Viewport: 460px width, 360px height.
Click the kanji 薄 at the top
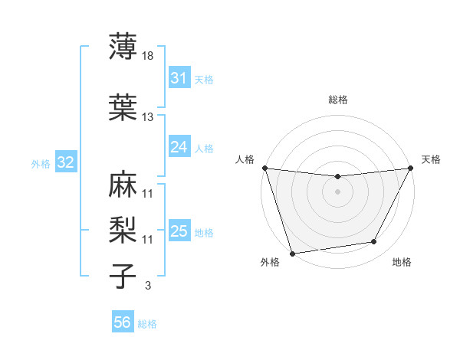tap(123, 47)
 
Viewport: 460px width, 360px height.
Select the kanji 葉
tap(123, 107)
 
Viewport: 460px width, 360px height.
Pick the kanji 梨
tap(123, 229)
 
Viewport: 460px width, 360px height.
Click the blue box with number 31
tap(179, 78)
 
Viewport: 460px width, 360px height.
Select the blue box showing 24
tap(179, 147)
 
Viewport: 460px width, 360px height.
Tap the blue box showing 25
tap(179, 231)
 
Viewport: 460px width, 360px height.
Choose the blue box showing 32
tap(65, 162)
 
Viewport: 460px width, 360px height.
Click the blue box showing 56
tap(122, 322)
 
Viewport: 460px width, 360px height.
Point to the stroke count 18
tap(147, 56)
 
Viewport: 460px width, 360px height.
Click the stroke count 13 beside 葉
tap(147, 117)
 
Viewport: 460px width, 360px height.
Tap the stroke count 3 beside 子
tap(147, 286)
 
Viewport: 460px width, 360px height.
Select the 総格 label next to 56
tap(147, 324)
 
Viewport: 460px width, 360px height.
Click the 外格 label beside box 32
tap(41, 163)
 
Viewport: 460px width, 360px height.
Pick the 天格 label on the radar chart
tap(432, 159)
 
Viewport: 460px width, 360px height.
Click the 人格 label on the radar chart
tap(245, 159)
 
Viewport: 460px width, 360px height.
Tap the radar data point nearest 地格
tap(374, 242)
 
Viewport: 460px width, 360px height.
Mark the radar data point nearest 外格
tap(292, 252)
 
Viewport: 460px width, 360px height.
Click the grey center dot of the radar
tap(337, 191)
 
